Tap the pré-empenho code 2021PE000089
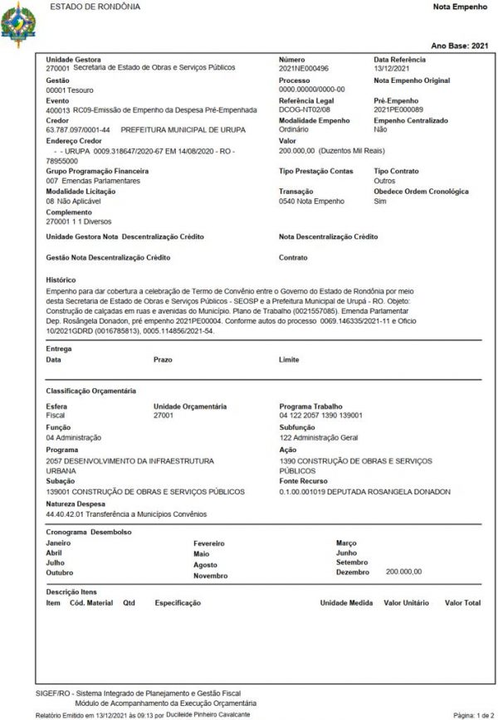(398, 109)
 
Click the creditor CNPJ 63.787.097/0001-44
(79, 129)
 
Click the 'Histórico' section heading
(60, 280)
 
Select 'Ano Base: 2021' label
(461, 46)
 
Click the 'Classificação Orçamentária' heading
(91, 390)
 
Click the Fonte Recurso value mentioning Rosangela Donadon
(365, 491)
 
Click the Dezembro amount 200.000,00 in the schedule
(404, 571)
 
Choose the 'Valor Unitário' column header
(404, 603)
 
